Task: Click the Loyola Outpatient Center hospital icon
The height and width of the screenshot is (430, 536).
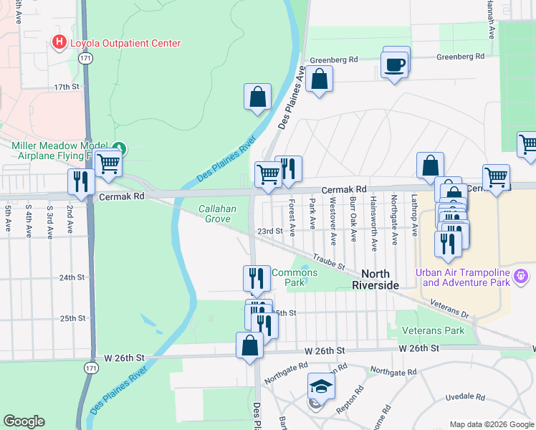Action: coord(59,43)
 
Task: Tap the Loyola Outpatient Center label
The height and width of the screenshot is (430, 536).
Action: coord(125,43)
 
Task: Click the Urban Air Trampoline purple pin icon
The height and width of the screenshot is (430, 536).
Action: coord(521,275)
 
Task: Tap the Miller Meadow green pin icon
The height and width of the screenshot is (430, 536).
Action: coord(121,149)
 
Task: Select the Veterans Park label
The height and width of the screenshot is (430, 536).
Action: coord(433,330)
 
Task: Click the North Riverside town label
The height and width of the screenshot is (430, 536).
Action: coord(380,279)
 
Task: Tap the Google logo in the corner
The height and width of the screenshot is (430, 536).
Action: coord(24,421)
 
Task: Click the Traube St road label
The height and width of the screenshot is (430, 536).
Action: coord(330,262)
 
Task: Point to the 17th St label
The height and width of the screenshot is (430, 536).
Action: coord(66,87)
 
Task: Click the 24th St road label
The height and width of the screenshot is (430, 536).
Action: coord(72,277)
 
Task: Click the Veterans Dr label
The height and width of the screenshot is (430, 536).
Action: coord(450,308)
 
